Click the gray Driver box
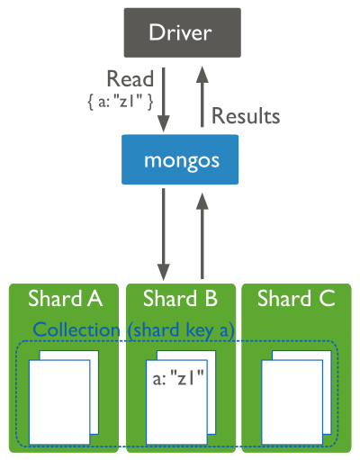tap(181, 34)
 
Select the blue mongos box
tap(181, 161)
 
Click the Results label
tap(245, 116)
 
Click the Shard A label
tap(65, 299)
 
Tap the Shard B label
tap(181, 299)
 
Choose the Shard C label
tap(296, 299)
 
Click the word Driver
tap(181, 34)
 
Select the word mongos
tap(181, 161)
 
